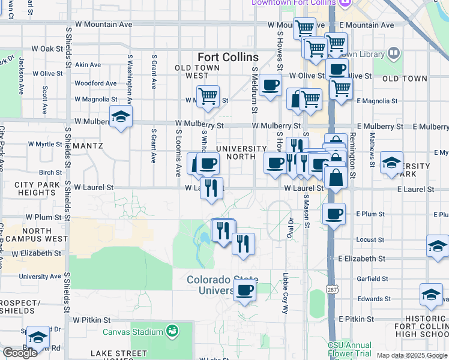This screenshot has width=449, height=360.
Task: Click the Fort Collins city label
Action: tap(228, 58)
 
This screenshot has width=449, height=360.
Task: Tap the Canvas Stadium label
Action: tap(133, 332)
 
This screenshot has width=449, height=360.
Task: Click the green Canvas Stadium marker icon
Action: tap(172, 331)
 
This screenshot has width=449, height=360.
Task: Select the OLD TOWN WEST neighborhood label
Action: tap(192, 71)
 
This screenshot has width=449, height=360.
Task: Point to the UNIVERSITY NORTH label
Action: tap(241, 153)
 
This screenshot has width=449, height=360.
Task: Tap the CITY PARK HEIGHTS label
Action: tap(37, 188)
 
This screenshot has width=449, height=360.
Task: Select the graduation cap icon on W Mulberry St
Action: tap(121, 116)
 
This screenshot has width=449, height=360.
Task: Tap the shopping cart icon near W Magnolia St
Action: tap(208, 96)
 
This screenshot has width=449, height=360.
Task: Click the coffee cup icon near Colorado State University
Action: tap(244, 291)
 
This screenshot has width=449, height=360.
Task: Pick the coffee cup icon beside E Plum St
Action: tap(333, 214)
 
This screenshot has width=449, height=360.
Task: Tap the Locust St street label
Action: tap(370, 239)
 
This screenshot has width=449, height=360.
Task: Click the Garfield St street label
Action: tap(372, 279)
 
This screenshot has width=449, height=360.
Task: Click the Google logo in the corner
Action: tap(20, 353)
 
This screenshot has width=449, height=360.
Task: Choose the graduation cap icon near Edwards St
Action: tap(431, 294)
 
